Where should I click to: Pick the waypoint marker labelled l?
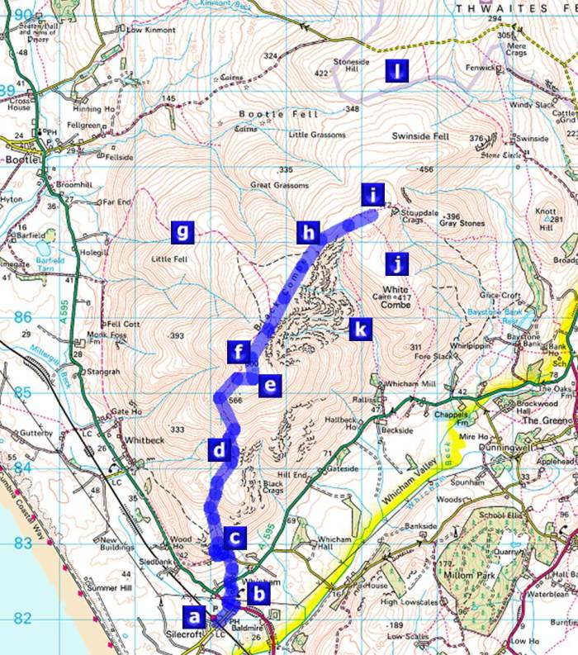pos(398,72)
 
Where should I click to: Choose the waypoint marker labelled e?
pos(269,385)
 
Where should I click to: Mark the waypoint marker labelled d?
pos(219,450)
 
